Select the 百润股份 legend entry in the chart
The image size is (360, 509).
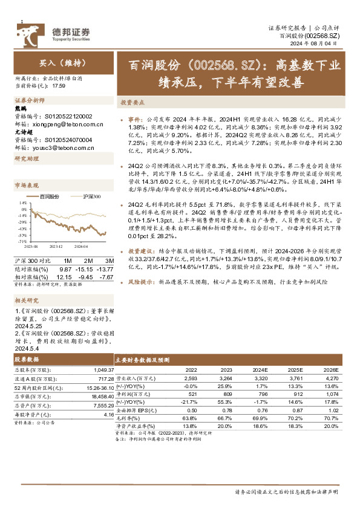click(50, 196)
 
